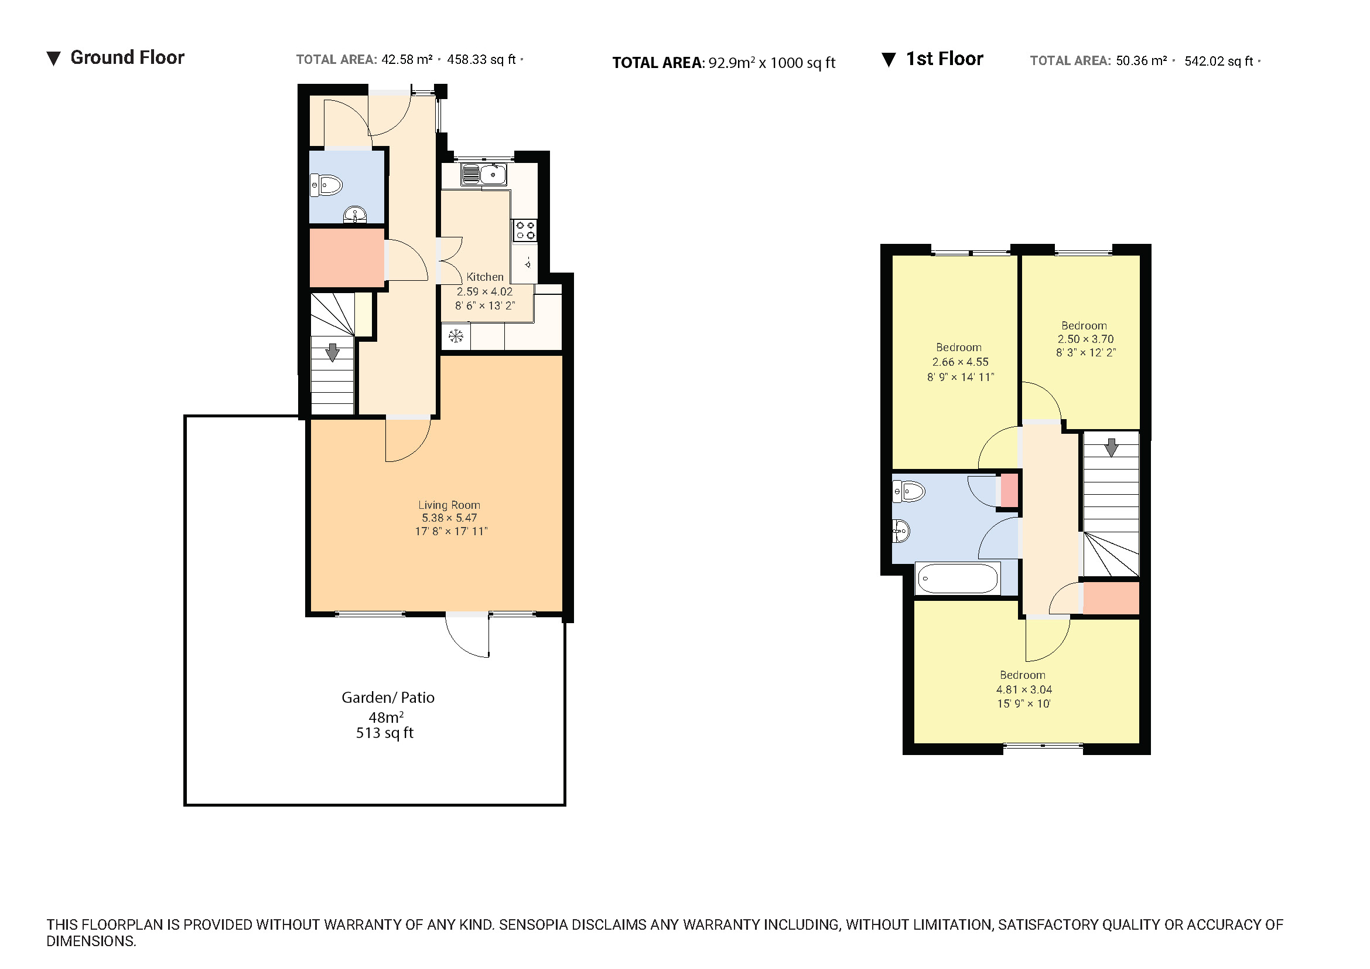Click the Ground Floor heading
tap(127, 58)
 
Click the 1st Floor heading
tap(944, 59)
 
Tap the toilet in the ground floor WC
tap(326, 185)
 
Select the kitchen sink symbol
tap(484, 174)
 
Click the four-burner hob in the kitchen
tap(525, 230)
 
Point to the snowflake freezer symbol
tap(456, 336)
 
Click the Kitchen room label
tap(484, 277)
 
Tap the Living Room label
tap(449, 505)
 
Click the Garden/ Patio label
tap(388, 698)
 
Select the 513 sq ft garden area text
tap(385, 733)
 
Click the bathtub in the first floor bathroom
tap(957, 579)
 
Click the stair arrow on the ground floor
tap(332, 352)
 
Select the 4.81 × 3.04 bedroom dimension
tap(1024, 689)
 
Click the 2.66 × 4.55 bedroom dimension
tap(960, 362)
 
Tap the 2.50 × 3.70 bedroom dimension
tap(1085, 339)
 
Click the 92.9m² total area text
tap(732, 63)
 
